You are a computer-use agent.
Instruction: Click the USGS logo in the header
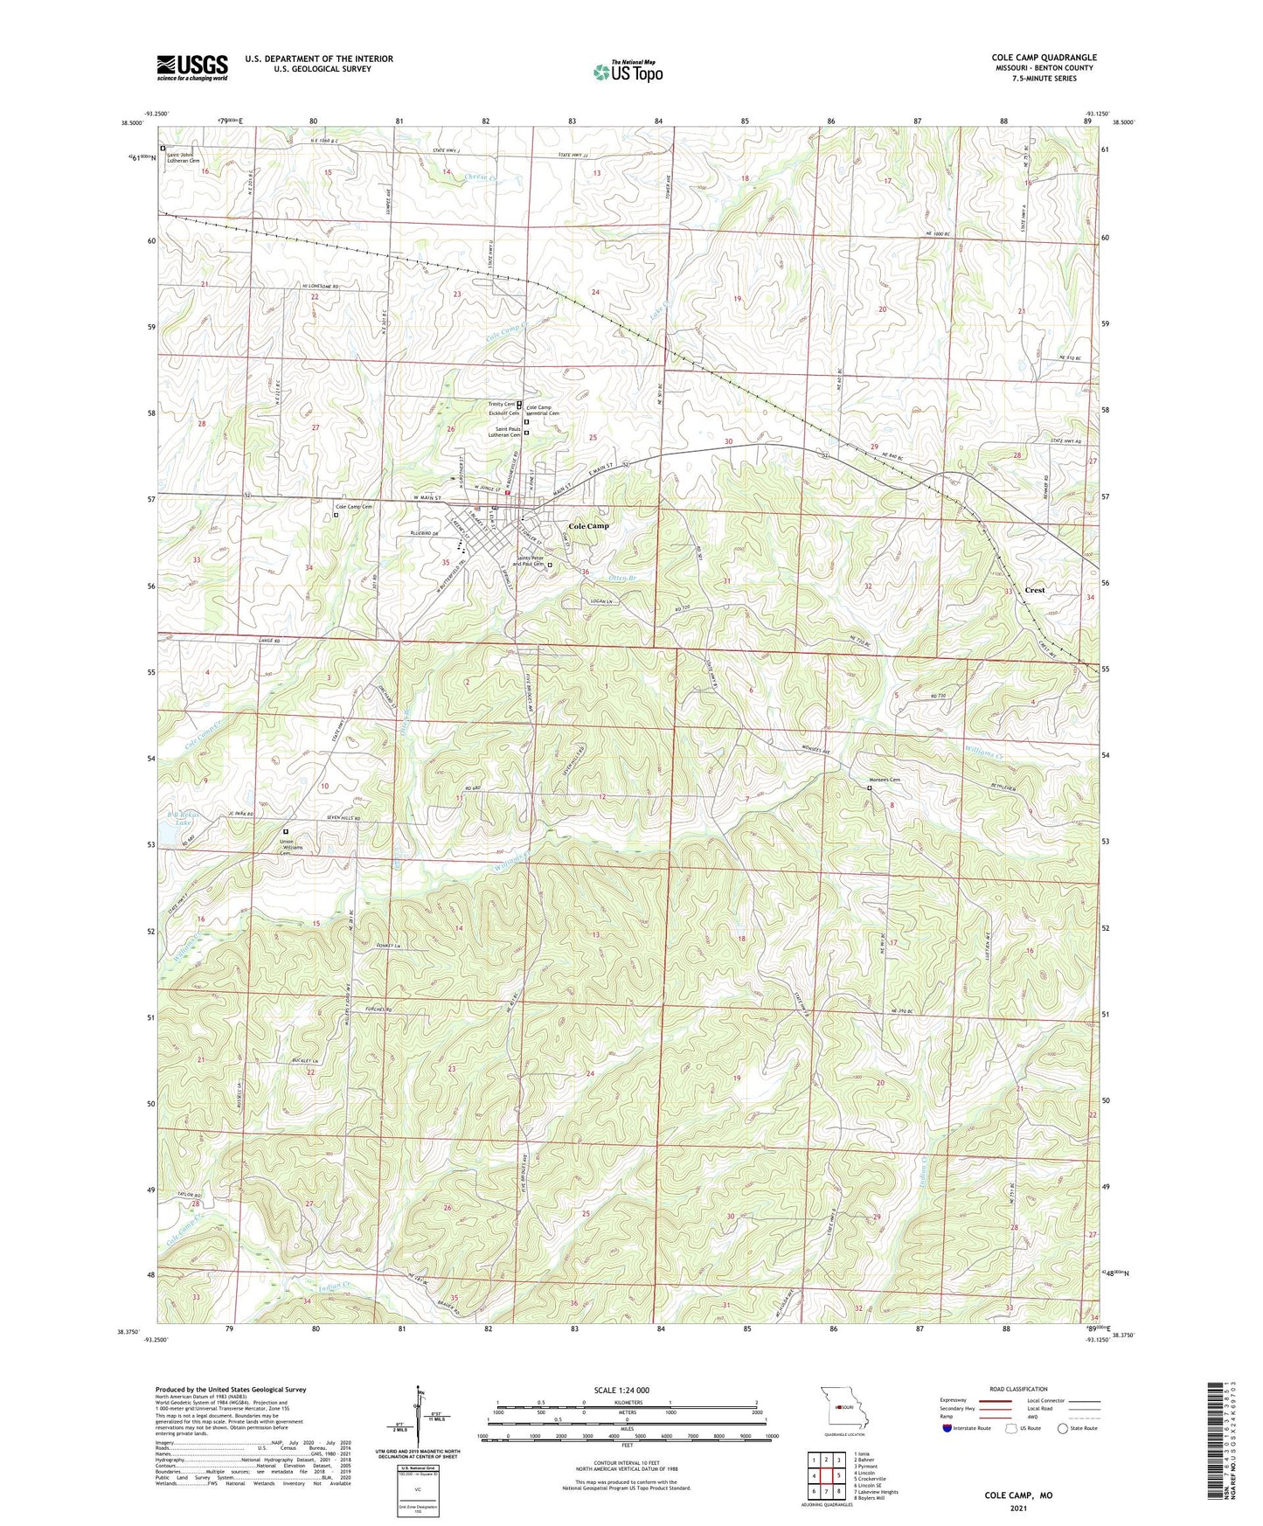(192, 66)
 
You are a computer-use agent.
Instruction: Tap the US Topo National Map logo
(628, 71)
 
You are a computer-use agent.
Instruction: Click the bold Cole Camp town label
(588, 526)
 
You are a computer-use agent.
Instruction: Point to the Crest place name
(1035, 590)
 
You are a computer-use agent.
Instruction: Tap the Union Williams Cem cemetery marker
(286, 832)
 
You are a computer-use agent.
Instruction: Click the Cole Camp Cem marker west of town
(337, 515)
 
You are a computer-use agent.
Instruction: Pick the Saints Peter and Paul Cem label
(530, 562)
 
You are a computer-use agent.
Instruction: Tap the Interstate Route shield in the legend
(948, 1428)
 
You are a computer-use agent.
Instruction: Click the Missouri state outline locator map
(843, 1407)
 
